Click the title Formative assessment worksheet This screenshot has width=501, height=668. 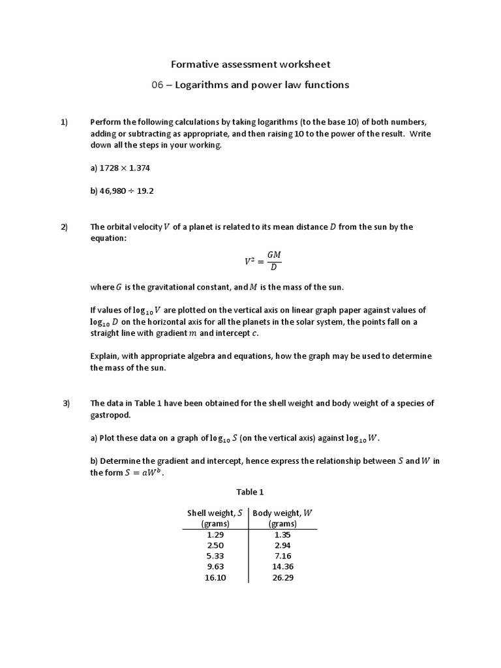coord(250,64)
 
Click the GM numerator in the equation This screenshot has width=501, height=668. coord(274,255)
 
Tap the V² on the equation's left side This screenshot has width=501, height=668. coord(249,261)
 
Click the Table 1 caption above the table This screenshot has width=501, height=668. coord(250,492)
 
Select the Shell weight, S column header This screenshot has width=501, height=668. coord(215,518)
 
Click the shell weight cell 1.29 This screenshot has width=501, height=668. coord(215,534)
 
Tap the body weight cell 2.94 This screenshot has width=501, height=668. coord(282,545)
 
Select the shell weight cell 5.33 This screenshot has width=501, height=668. coord(215,556)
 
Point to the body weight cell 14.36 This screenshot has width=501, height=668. coord(282,567)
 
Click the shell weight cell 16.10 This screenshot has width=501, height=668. coord(215,578)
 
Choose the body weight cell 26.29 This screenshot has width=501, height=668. coord(282,578)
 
